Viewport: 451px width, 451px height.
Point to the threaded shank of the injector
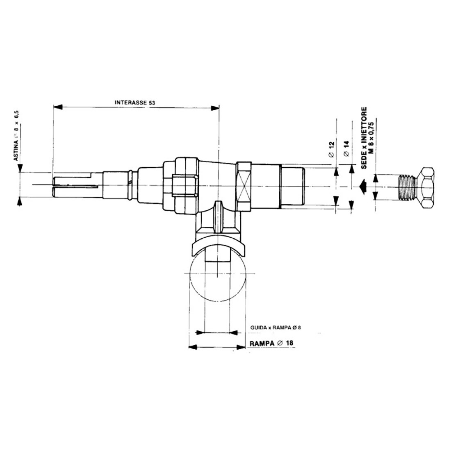tap(406, 187)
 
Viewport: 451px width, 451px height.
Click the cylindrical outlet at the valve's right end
tap(292, 187)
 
